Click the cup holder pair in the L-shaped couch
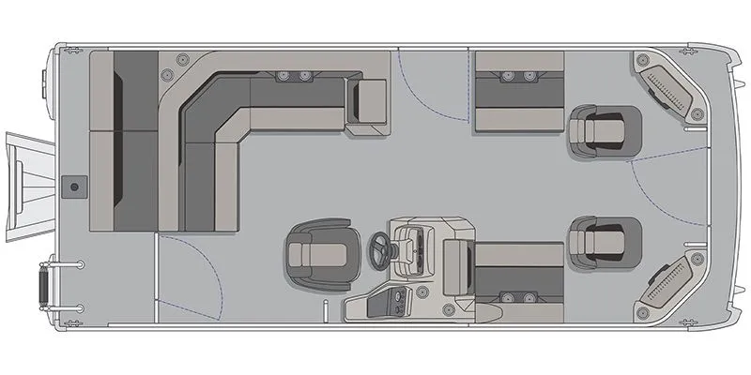[x=292, y=75]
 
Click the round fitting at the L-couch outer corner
[x=169, y=72]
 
